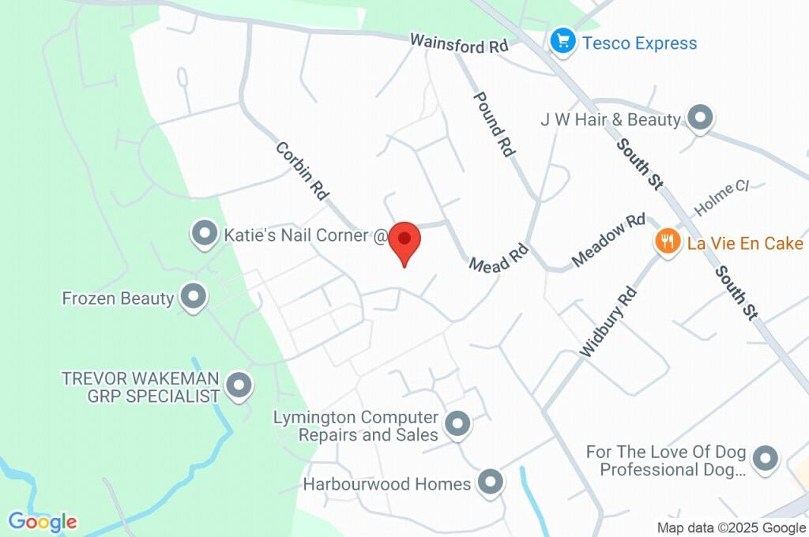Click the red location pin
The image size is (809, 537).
click(405, 239)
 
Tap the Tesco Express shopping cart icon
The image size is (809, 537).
click(563, 41)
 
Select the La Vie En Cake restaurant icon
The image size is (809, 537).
click(668, 241)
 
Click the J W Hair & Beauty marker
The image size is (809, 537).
click(699, 118)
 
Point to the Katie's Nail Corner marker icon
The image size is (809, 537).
click(205, 234)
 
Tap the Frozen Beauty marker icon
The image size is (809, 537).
click(192, 297)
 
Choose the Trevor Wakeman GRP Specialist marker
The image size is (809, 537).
click(237, 386)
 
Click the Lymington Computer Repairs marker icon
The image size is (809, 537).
click(457, 425)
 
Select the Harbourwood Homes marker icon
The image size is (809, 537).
click(491, 483)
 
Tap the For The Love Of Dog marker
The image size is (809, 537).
click(764, 458)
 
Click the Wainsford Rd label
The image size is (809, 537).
click(459, 43)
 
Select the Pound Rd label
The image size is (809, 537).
click(495, 123)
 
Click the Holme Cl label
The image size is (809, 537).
click(721, 198)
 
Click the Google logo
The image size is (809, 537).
click(43, 522)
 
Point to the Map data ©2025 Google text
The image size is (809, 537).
click(732, 528)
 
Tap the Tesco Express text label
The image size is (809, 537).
click(640, 43)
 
